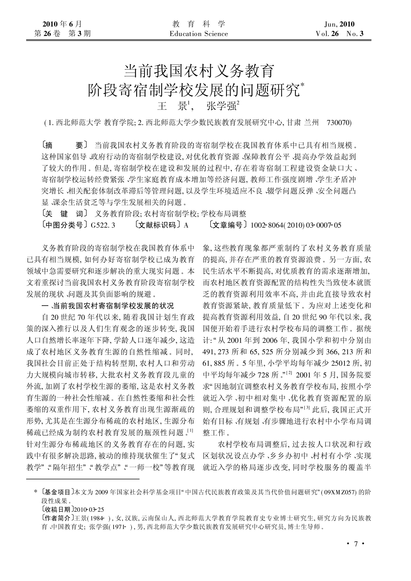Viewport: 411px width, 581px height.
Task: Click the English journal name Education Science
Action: click(199, 34)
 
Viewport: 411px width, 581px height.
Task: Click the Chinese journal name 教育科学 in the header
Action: click(199, 24)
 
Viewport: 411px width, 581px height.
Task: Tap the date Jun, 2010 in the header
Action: click(339, 24)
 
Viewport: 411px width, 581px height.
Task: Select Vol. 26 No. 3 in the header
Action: click(339, 34)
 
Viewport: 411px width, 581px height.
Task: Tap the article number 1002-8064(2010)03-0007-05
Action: click(296, 225)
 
